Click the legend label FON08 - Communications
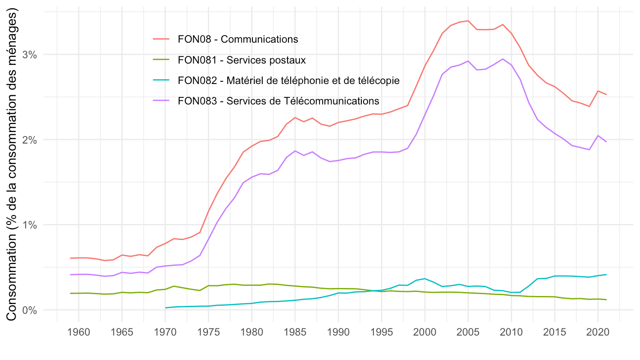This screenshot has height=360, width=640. (238, 39)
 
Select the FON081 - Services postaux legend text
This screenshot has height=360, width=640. (242, 60)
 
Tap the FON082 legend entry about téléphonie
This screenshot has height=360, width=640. (288, 80)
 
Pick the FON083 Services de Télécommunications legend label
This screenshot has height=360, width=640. (278, 101)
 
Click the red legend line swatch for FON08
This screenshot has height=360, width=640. (161, 39)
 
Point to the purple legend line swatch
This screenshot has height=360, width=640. (161, 101)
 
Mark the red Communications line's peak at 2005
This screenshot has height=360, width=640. (468, 21)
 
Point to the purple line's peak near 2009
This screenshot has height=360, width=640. (502, 59)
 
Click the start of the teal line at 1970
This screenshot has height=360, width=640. (165, 308)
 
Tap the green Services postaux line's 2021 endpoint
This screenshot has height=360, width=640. (606, 300)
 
